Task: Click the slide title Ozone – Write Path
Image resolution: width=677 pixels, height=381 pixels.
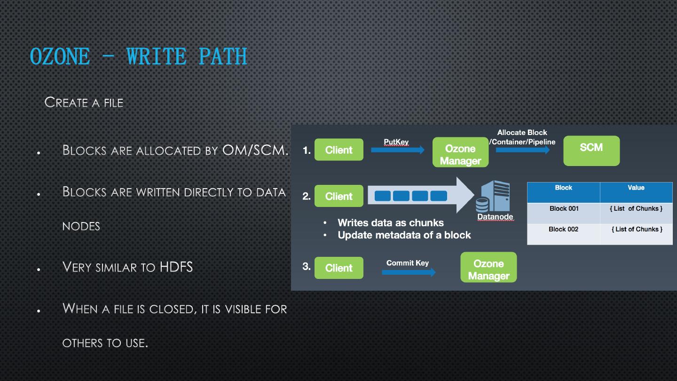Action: pyautogui.click(x=138, y=56)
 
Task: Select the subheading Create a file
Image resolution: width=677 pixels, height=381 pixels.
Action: pyautogui.click(x=84, y=102)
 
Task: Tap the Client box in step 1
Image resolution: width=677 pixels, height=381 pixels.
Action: pyautogui.click(x=338, y=150)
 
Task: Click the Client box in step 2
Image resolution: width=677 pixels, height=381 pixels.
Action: pyautogui.click(x=338, y=196)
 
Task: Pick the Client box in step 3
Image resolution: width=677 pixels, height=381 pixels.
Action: pyautogui.click(x=338, y=268)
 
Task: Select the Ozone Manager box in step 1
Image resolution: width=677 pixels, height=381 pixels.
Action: pyautogui.click(x=460, y=152)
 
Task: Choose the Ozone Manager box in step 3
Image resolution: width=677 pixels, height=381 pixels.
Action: pyautogui.click(x=488, y=267)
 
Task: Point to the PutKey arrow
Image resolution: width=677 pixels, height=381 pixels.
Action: pyautogui.click(x=397, y=150)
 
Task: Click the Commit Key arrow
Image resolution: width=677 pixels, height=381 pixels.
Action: pyautogui.click(x=408, y=272)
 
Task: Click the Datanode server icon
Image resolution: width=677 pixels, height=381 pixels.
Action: pyautogui.click(x=494, y=197)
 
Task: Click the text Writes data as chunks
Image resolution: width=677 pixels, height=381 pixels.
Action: pyautogui.click(x=390, y=222)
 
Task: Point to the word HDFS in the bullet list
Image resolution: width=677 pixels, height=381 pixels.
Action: pyautogui.click(x=176, y=267)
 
